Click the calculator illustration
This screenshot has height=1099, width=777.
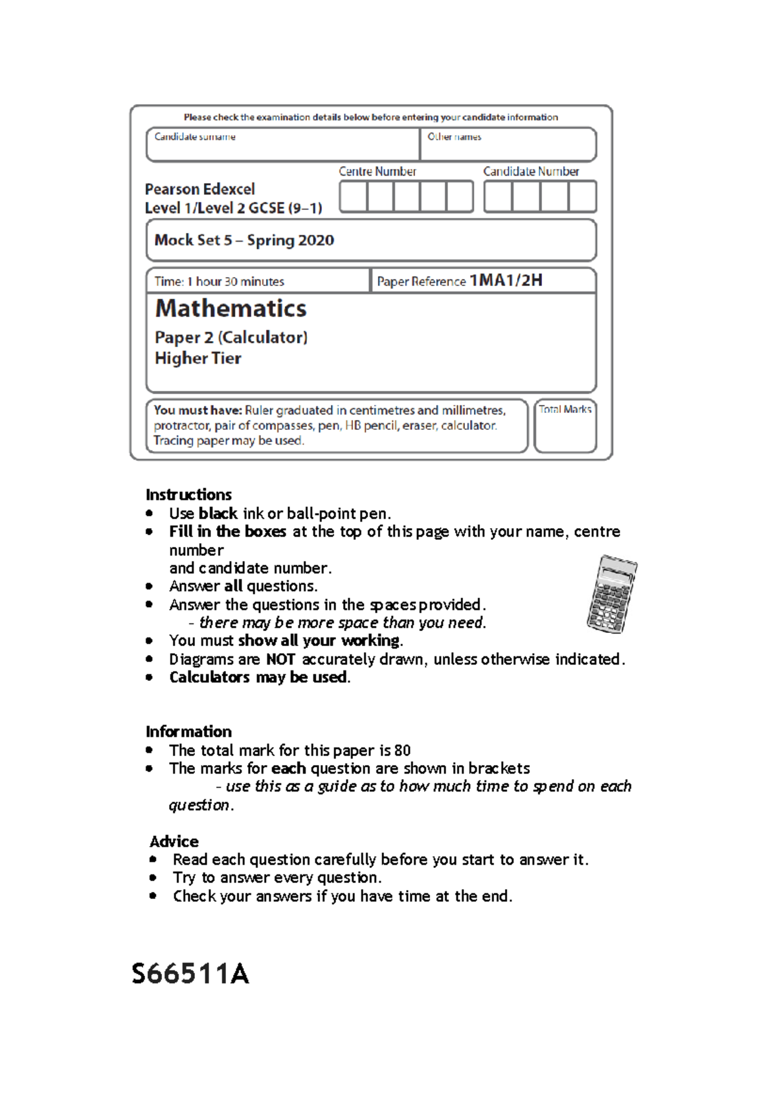pyautogui.click(x=611, y=594)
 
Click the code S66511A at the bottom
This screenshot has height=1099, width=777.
pyautogui.click(x=190, y=974)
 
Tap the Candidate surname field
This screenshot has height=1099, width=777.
pyautogui.click(x=282, y=148)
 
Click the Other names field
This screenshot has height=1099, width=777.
pyautogui.click(x=508, y=148)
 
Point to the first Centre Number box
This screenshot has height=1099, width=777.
pyautogui.click(x=354, y=197)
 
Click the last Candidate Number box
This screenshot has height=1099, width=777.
pyautogui.click(x=582, y=197)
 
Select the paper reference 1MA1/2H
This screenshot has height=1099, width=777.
pyautogui.click(x=506, y=280)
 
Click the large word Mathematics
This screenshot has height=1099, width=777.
pyautogui.click(x=231, y=309)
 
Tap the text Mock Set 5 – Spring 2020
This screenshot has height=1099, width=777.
pyautogui.click(x=244, y=240)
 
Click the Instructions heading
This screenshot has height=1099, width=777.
pyautogui.click(x=188, y=494)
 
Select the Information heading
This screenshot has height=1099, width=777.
pyautogui.click(x=188, y=731)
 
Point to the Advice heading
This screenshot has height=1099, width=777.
pyautogui.click(x=174, y=841)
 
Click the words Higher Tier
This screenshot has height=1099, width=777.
pyautogui.click(x=198, y=359)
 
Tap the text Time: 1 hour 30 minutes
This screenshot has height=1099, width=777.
pyautogui.click(x=220, y=282)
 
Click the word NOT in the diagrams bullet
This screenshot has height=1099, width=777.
pyautogui.click(x=280, y=660)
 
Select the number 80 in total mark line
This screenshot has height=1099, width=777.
pyautogui.click(x=402, y=751)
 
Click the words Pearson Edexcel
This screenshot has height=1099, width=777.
pyautogui.click(x=200, y=190)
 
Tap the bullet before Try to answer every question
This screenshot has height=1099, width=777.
pyautogui.click(x=153, y=878)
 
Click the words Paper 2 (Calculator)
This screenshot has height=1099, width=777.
pyautogui.click(x=231, y=338)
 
